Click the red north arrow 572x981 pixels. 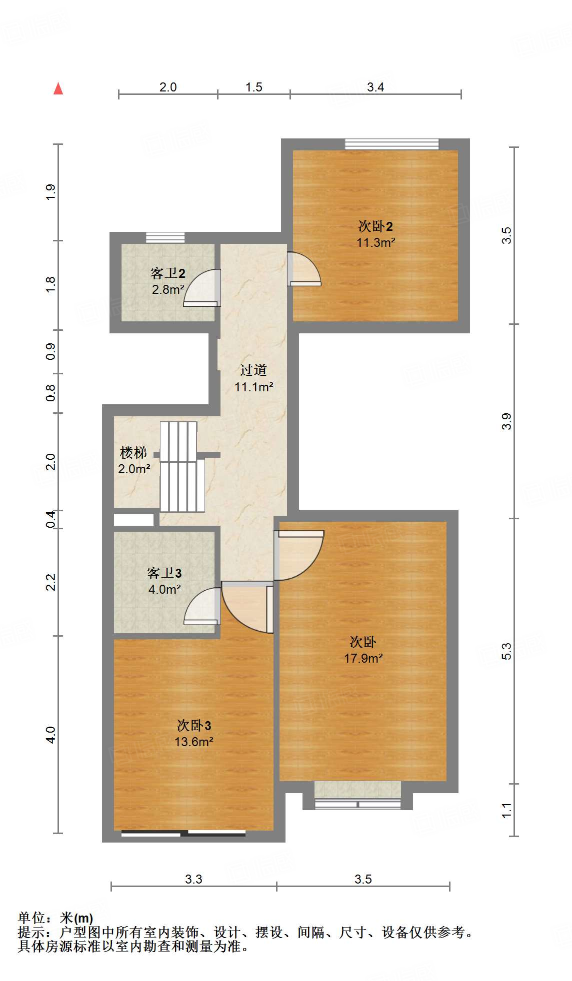[58, 89]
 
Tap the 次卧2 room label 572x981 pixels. [375, 226]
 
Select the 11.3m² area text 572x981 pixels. [375, 243]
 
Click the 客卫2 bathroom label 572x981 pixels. [167, 273]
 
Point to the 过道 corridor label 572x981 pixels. [253, 370]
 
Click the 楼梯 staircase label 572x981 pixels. [133, 453]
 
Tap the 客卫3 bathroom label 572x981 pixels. [164, 573]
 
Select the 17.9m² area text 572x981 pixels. [363, 659]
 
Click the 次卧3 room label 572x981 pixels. [193, 726]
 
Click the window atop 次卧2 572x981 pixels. [391, 144]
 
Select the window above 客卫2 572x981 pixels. [165, 238]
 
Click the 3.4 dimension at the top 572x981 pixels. [375, 87]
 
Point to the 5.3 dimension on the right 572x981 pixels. [506, 651]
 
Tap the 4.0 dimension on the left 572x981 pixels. [50, 735]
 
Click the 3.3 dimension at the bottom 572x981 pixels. [193, 879]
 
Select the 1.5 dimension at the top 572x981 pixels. [253, 87]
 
